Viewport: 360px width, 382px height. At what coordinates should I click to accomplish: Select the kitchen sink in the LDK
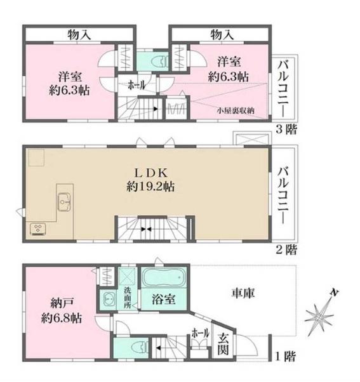tap(64, 202)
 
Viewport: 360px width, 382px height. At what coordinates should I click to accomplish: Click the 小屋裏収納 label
tap(235, 110)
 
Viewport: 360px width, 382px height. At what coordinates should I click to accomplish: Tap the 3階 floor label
tap(285, 131)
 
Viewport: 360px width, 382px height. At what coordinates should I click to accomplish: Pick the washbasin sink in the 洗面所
tap(105, 301)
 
